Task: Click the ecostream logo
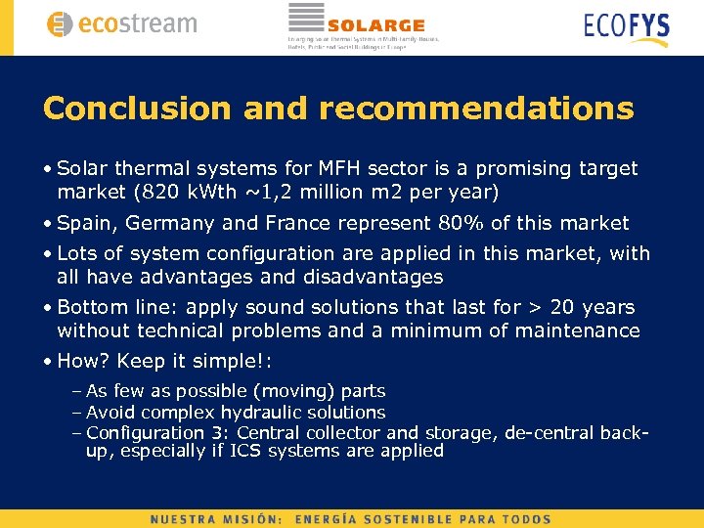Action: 121,24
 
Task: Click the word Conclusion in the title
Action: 137,109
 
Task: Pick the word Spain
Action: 85,223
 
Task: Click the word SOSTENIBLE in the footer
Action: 411,519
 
